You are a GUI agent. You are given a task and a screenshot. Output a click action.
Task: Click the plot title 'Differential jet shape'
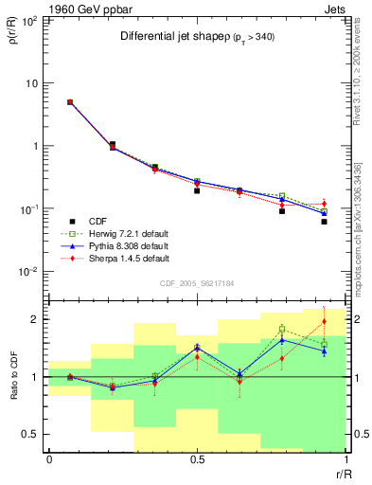click(176, 36)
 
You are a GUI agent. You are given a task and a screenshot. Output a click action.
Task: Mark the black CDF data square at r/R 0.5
click(197, 190)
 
